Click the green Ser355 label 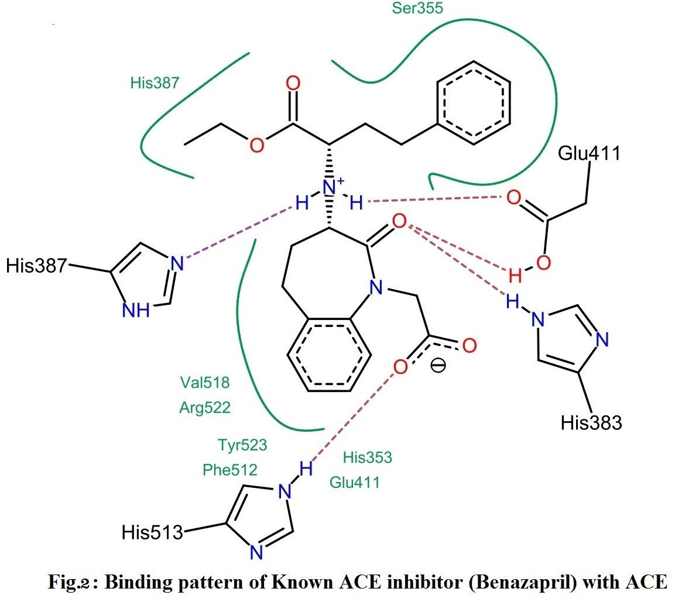417,9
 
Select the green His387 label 155,82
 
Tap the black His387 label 37,267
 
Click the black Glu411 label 589,153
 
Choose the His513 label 152,532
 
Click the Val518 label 205,383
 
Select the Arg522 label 205,408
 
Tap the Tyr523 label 242,445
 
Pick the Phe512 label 230,470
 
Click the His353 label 368,457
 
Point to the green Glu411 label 355,482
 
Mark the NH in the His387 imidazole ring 136,310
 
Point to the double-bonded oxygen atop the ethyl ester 293,82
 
